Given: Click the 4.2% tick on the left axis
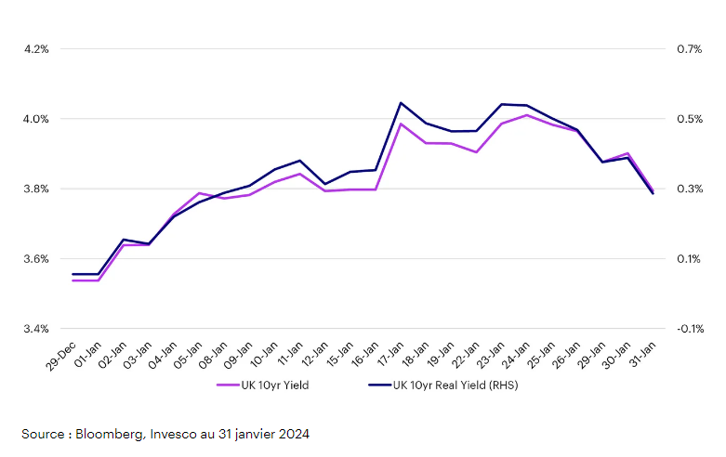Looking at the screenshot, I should pos(35,49).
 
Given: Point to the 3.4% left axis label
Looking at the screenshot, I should pos(35,329).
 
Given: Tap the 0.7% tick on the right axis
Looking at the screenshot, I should pos(689,49).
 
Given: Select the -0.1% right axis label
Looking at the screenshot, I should pos(689,329).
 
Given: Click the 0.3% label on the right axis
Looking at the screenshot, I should pos(689,189).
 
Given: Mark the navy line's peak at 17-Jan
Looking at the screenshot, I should pos(401,103).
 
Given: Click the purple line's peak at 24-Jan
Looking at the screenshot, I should pos(526,115).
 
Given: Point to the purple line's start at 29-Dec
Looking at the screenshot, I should pos(73,281).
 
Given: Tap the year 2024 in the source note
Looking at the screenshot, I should pos(293,434).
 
